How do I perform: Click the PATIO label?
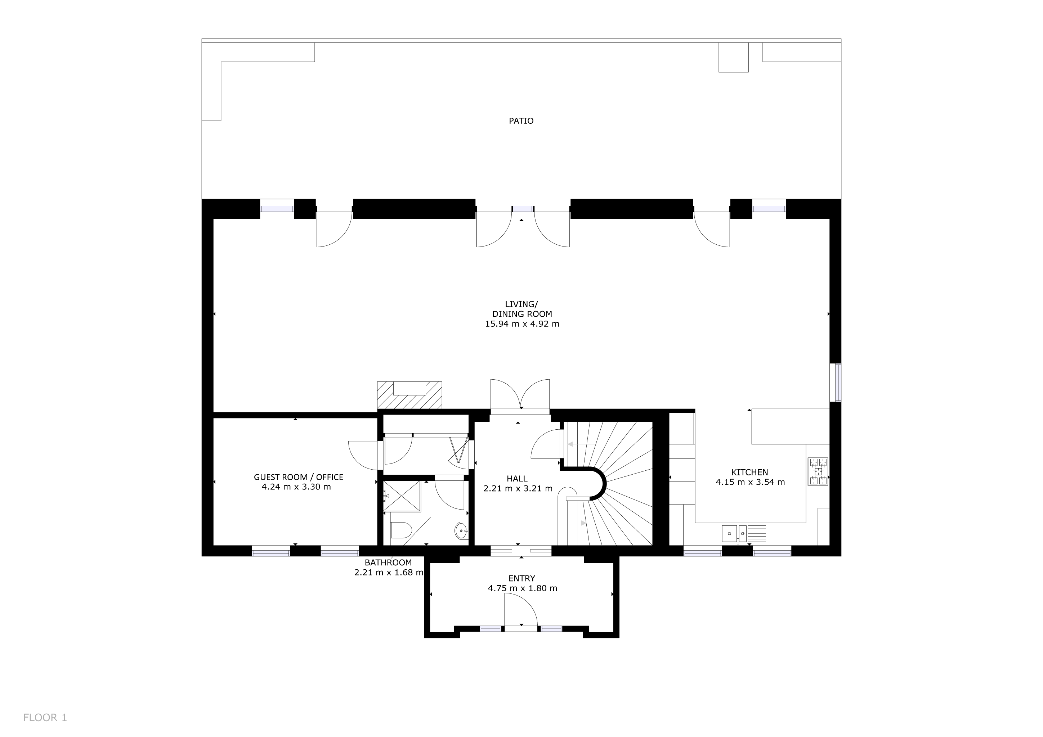point(521,121)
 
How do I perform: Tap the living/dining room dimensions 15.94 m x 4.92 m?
point(522,324)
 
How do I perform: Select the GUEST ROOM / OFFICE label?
point(299,477)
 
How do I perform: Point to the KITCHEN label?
point(749,472)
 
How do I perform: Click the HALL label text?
point(517,478)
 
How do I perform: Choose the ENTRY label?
point(521,578)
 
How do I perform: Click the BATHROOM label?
point(388,562)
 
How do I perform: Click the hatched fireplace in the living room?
point(409,395)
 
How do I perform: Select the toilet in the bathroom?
point(400,530)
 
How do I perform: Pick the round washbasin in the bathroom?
point(461,530)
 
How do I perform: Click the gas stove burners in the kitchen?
point(818,471)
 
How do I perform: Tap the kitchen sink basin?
point(729,533)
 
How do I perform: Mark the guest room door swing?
point(363,455)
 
